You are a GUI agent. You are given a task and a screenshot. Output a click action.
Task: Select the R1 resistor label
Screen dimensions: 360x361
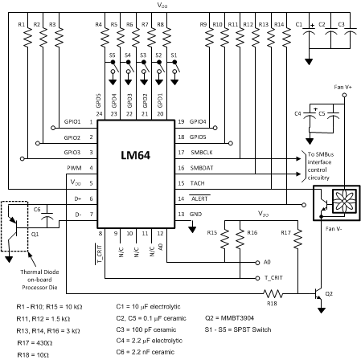(x=21, y=25)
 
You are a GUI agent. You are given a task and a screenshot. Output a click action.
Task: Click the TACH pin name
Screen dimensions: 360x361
(x=198, y=183)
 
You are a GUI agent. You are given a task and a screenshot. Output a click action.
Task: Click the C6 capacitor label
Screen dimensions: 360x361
(x=39, y=209)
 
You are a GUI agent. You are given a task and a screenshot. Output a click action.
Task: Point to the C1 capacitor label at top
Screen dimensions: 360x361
(x=300, y=25)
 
